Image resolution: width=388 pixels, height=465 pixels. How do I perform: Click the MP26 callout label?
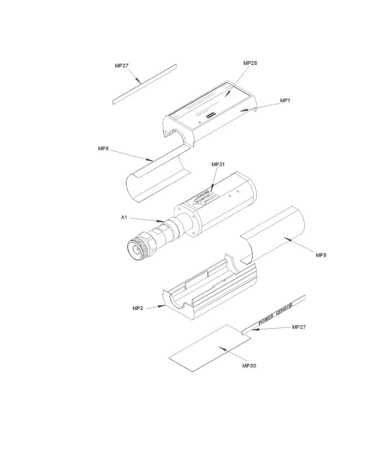pos(250,63)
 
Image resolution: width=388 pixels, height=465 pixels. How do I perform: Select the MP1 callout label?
pos(285,101)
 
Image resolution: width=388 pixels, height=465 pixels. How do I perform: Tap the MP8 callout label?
pos(103,149)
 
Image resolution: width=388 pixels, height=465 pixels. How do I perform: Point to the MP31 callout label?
pos(218,164)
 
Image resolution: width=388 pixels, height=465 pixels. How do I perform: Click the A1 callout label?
pos(124,217)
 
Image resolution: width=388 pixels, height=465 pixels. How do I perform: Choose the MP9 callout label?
pos(321,255)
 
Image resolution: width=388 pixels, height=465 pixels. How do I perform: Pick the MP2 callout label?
pos(138,308)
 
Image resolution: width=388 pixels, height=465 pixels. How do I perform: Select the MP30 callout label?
pos(249,366)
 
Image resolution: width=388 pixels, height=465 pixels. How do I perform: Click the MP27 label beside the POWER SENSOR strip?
pos(299,327)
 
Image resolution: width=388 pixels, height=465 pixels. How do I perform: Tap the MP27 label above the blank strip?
pos(122,66)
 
